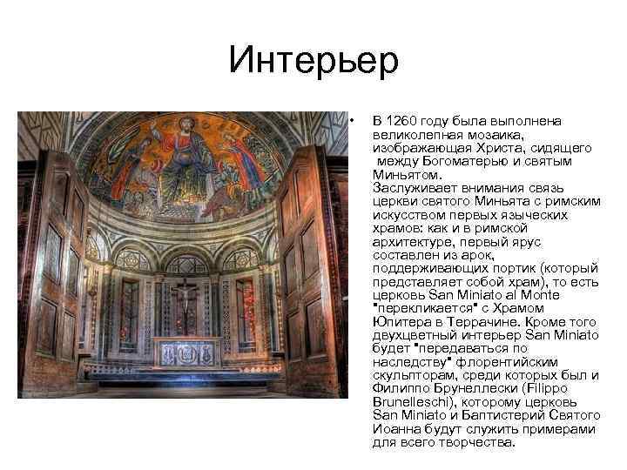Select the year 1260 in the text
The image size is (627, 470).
click(x=401, y=120)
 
